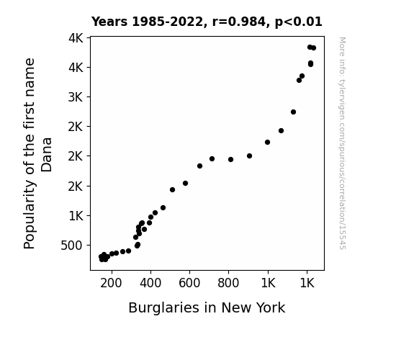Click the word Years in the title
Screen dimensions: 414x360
[x=109, y=22]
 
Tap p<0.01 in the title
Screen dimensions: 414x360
[x=299, y=22]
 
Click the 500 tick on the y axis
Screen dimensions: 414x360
[x=72, y=246]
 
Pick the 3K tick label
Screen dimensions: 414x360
[x=76, y=97]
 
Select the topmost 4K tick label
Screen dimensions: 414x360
[x=76, y=38]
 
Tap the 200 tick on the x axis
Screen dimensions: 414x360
[x=111, y=283]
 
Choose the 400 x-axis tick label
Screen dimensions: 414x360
[x=150, y=283]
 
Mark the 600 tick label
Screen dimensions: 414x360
[x=189, y=283]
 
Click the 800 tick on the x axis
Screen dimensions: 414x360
[x=228, y=283]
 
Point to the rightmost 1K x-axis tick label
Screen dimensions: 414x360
[x=307, y=283]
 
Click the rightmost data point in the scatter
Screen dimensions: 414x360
[x=313, y=48]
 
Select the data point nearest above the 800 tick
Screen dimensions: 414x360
[x=231, y=160]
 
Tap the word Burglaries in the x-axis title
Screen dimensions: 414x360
[x=163, y=308]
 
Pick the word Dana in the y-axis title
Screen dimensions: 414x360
[x=47, y=155]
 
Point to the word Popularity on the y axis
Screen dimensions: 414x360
[x=30, y=215]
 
